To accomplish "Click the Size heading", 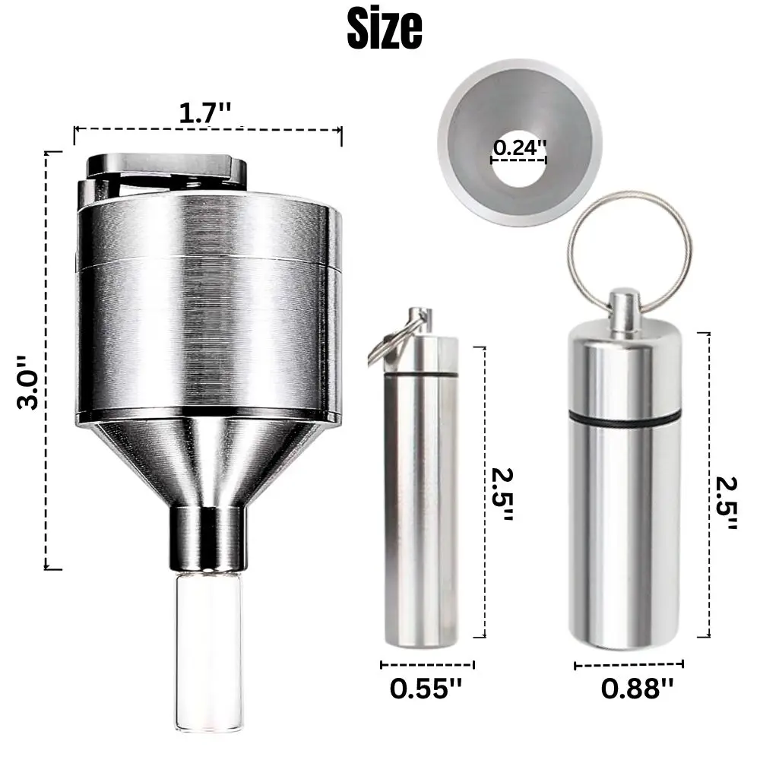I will [x=384, y=28].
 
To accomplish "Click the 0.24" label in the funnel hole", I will [x=519, y=148].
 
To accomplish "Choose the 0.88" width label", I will [x=637, y=689].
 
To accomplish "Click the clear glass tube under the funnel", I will [x=206, y=638].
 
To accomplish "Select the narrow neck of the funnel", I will [x=207, y=535].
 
